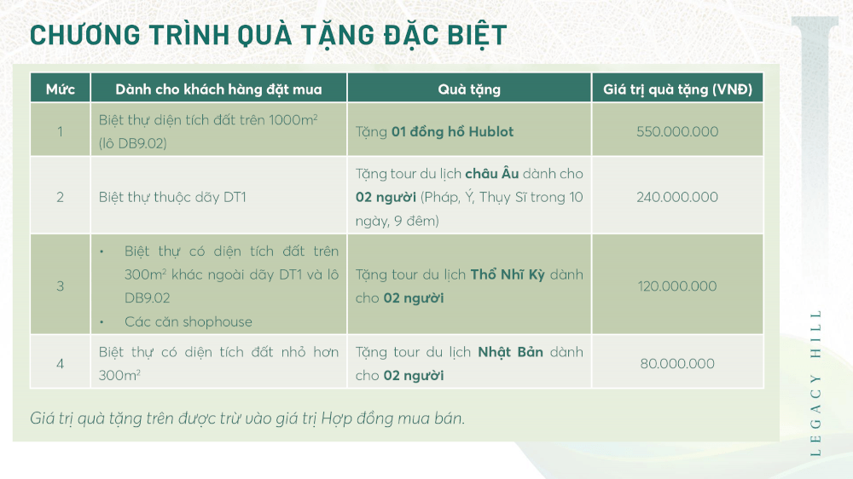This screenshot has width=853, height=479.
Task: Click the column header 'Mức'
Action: click(61, 89)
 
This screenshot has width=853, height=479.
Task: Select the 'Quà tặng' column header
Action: click(469, 89)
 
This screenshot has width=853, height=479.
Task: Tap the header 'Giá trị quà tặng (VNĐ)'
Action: click(677, 89)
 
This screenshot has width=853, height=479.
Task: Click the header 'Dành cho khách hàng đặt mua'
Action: click(218, 89)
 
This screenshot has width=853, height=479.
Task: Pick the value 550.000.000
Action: click(677, 131)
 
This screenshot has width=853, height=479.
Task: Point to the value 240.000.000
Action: click(677, 197)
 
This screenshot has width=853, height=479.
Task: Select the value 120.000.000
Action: click(677, 286)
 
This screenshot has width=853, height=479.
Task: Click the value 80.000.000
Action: click(677, 364)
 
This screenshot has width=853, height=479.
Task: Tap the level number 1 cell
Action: click(61, 131)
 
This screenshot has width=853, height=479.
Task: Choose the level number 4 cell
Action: click(61, 364)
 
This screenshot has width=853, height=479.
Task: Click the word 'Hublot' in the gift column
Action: click(490, 131)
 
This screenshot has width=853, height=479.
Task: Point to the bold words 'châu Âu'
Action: click(492, 173)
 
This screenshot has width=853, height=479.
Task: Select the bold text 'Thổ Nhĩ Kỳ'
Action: click(508, 274)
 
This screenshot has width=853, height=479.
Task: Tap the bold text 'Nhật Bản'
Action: click(510, 352)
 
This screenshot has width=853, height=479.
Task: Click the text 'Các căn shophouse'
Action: click(189, 322)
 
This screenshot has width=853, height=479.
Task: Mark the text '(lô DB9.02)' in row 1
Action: click(133, 143)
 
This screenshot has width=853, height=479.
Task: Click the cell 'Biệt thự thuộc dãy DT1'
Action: click(172, 197)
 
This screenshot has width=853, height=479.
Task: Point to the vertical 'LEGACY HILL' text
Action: click(815, 384)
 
